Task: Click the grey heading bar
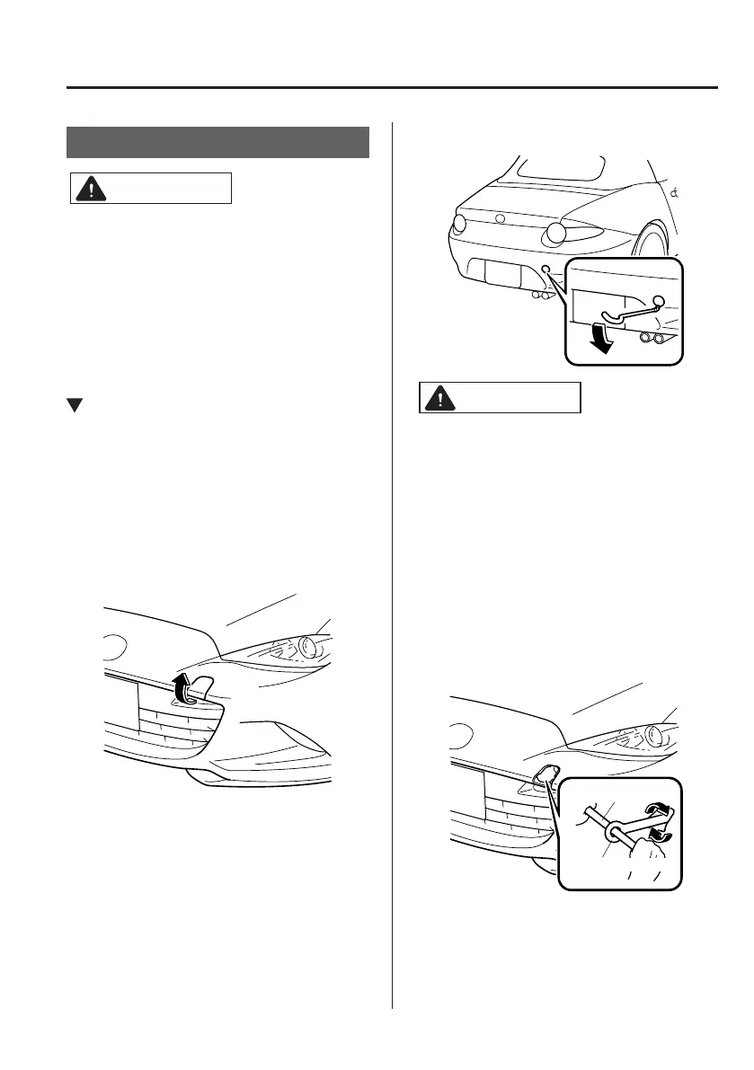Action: (218, 142)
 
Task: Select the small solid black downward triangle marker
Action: (75, 406)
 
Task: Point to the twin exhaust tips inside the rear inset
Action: (652, 340)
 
